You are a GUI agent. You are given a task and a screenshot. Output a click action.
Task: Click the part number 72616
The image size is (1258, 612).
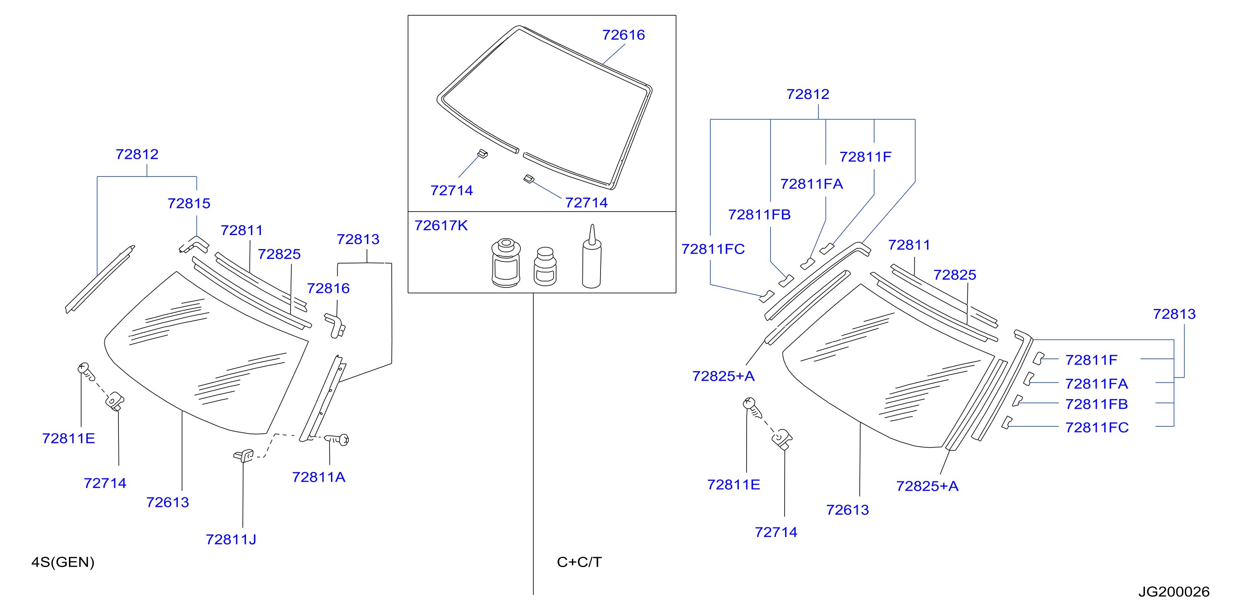(x=623, y=35)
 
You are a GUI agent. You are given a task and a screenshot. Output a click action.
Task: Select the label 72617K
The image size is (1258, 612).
(x=441, y=226)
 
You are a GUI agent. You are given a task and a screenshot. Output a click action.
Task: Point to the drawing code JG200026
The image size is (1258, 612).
(x=1174, y=591)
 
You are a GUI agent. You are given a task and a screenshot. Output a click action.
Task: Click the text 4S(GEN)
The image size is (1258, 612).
(x=63, y=562)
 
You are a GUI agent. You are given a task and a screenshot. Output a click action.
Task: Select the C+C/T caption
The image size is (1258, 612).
(x=579, y=562)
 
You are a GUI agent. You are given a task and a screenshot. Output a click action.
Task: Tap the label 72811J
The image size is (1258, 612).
(x=231, y=539)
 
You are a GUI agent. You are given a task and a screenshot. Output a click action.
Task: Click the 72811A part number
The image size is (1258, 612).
(x=318, y=477)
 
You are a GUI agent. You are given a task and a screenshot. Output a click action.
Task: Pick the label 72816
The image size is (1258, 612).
(x=328, y=288)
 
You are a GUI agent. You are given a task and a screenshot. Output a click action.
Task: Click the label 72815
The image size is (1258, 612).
(x=189, y=203)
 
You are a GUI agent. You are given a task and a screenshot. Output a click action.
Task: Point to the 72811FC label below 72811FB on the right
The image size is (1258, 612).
(x=1097, y=428)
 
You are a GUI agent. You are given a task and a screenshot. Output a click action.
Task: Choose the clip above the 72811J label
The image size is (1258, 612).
(x=243, y=456)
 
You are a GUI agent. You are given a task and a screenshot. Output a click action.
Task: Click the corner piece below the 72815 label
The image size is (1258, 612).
(x=194, y=245)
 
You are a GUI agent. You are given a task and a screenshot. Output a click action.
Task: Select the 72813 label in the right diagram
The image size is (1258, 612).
(x=1174, y=314)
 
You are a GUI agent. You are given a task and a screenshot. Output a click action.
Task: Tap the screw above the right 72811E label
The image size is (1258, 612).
(x=752, y=407)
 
